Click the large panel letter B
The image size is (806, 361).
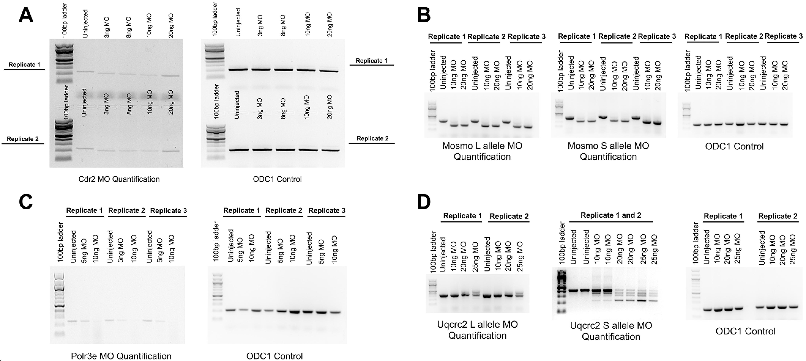424,15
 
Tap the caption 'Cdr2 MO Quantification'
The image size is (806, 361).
119,179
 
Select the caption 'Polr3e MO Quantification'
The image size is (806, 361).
121,356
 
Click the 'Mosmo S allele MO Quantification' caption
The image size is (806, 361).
608,151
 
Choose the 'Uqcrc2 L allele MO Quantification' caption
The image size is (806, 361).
477,330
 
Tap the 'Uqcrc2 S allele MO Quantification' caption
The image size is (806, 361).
611,331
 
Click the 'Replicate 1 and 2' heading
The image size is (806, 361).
611,215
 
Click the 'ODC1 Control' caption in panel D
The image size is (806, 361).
745,331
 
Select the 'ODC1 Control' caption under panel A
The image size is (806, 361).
277,179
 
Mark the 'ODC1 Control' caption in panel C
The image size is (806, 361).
274,356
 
